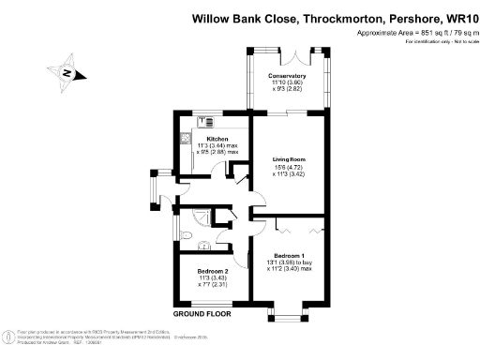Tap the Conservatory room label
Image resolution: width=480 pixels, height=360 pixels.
[288, 76]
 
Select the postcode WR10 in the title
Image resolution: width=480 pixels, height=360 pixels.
[456, 17]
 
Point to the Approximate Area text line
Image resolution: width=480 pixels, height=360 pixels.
[412, 34]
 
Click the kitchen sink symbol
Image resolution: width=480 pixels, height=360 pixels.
[186, 138]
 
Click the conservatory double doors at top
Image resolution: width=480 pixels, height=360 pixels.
[303, 49]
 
